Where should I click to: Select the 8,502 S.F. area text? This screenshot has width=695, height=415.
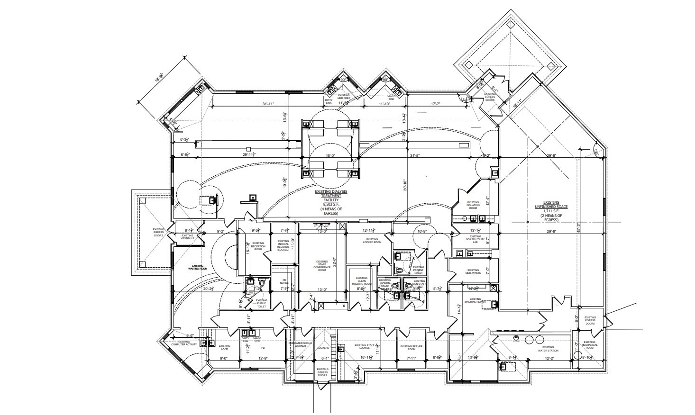coord(331,204)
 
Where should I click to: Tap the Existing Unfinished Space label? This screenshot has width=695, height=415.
coord(551,205)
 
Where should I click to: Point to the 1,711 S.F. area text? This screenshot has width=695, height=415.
coord(551,211)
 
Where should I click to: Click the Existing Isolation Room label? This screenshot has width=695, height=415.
coord(473,205)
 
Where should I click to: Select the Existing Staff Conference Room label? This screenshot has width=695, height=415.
coord(322,265)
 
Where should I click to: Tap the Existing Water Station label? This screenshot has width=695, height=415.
coord(548,349)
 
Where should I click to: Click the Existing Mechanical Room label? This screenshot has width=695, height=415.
coord(589,345)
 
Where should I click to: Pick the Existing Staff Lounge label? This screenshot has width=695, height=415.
coord(365,346)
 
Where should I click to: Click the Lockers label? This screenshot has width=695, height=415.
coord(323,347)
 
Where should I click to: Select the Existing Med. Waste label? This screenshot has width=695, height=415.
coord(473,271)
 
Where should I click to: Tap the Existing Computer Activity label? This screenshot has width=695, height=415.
coord(184,343)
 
